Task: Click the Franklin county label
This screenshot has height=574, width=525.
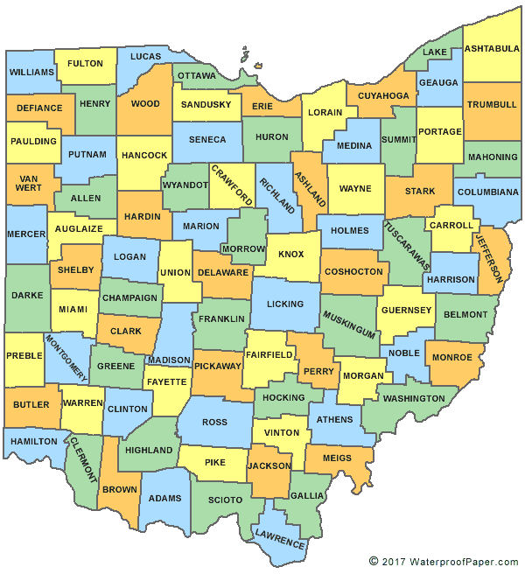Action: point(221,319)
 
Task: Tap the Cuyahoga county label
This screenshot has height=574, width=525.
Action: point(383,95)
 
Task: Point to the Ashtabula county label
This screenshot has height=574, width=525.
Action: point(491,48)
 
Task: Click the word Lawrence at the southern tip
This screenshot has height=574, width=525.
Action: point(280,540)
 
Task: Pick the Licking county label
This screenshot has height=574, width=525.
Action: point(285,304)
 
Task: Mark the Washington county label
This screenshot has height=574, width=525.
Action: point(414,399)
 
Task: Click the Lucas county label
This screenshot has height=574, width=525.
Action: point(146,57)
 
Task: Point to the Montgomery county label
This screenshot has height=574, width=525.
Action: point(66,357)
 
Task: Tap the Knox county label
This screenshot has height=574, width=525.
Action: point(290,255)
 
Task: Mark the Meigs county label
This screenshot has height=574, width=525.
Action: point(337,458)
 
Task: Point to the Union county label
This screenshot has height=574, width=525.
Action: point(173,274)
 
